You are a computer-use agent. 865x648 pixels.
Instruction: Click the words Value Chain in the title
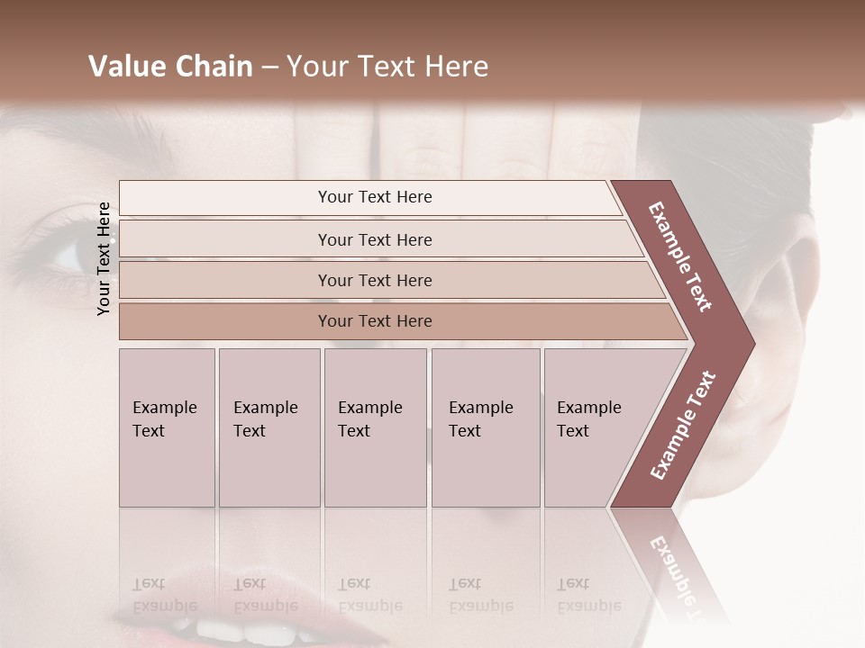click(170, 67)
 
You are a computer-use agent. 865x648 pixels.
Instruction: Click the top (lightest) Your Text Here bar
click(374, 197)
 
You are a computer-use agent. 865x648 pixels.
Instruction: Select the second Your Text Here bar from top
click(374, 239)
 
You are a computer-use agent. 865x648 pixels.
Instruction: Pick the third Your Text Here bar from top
click(374, 280)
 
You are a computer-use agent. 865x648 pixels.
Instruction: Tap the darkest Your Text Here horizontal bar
click(374, 321)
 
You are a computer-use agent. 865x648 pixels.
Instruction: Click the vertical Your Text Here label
click(104, 258)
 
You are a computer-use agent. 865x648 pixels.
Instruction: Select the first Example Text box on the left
click(167, 427)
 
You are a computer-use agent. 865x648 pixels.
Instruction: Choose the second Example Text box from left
click(269, 427)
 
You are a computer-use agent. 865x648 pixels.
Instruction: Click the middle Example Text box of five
click(375, 427)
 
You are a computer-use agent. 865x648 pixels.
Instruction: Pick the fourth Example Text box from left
click(485, 427)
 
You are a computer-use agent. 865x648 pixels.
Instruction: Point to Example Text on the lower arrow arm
click(683, 425)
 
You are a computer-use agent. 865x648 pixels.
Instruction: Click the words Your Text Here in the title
click(387, 67)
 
